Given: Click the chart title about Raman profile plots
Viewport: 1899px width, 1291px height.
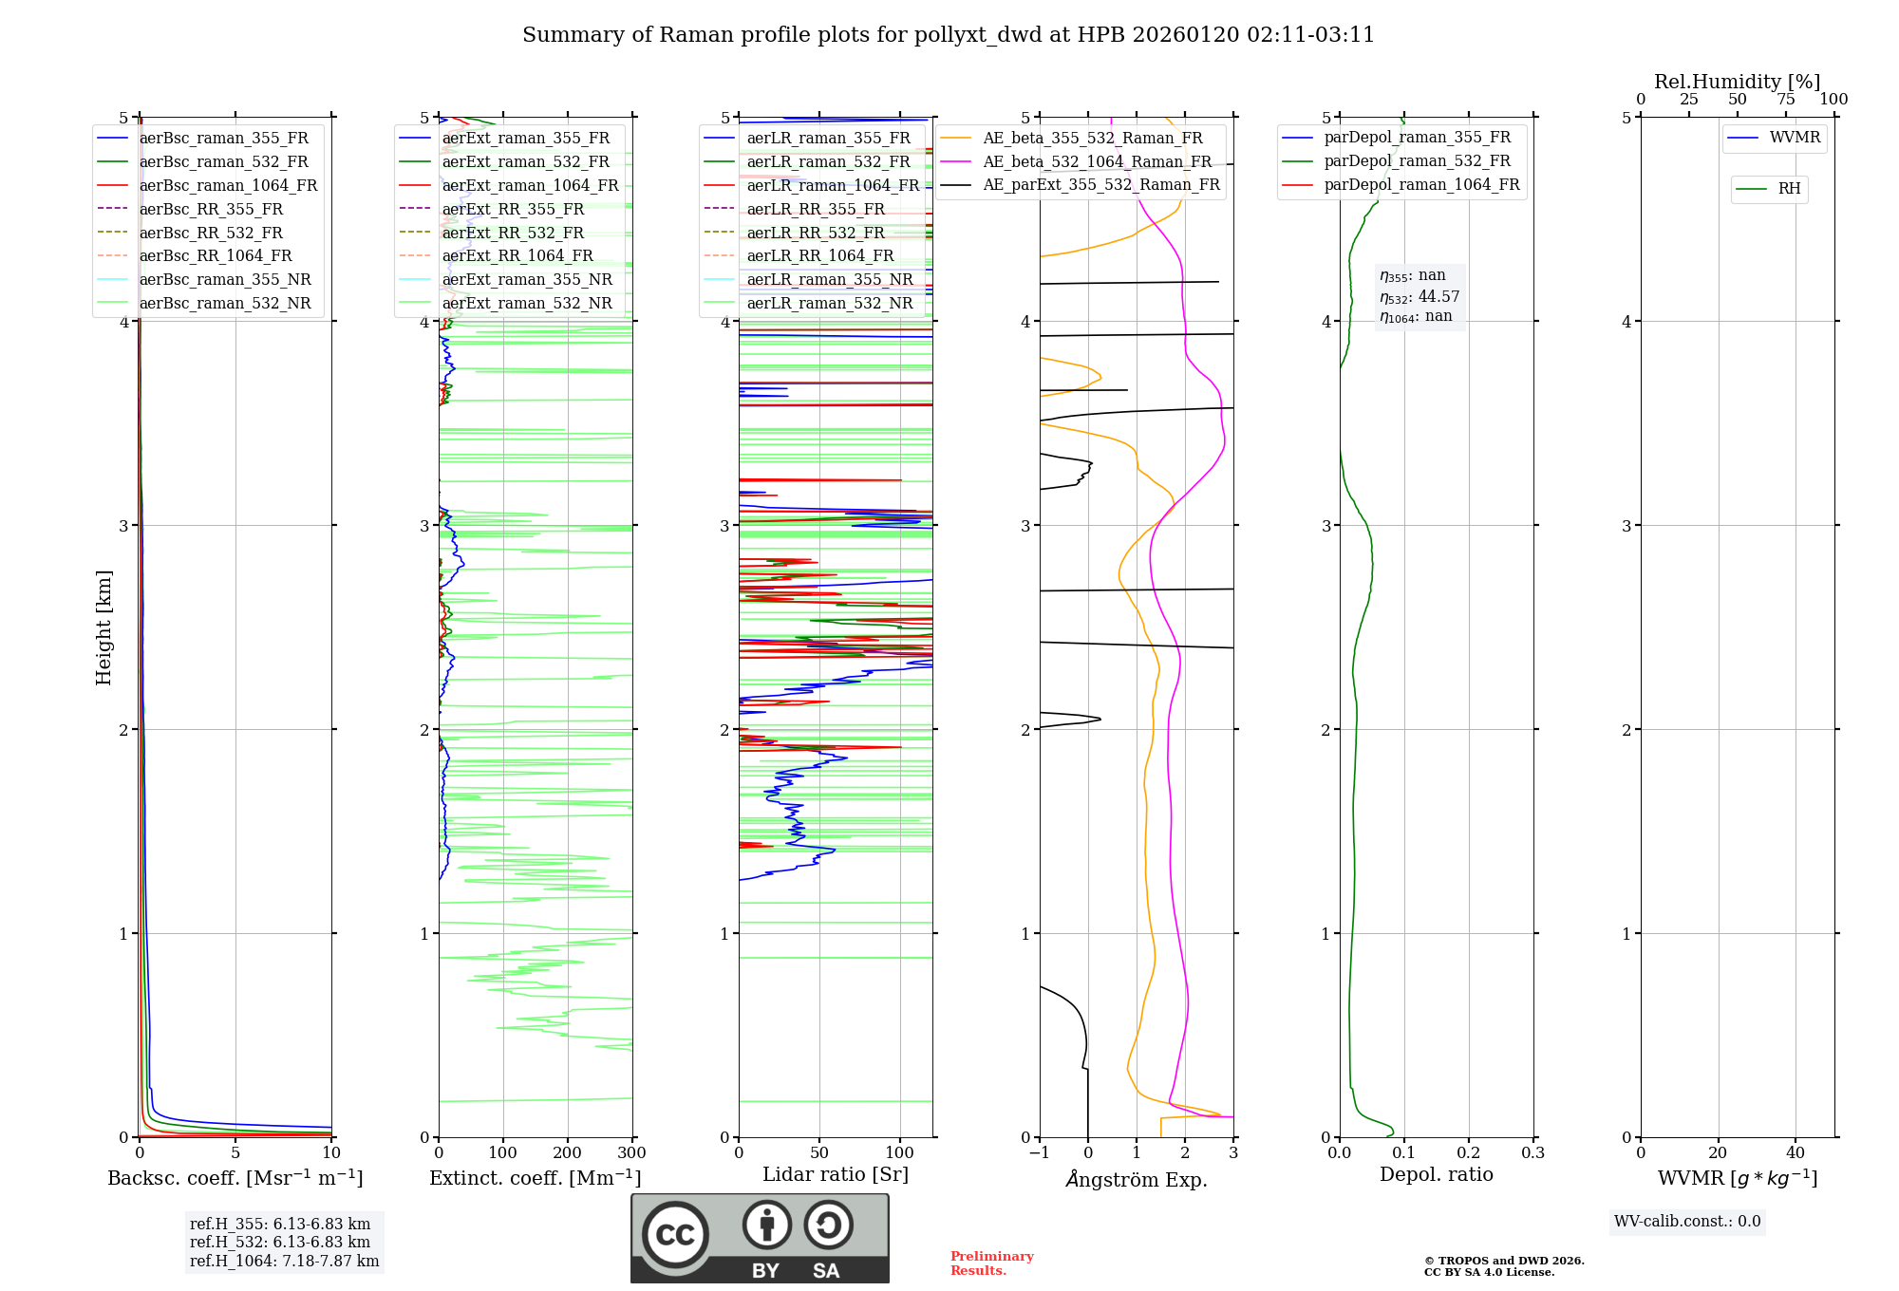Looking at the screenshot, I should pos(948,35).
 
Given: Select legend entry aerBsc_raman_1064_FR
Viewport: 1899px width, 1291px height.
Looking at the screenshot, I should pos(228,185).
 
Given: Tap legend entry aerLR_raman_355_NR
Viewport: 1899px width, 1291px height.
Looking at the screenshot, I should pos(829,279).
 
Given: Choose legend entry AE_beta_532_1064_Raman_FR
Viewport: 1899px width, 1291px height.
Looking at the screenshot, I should pos(1097,161).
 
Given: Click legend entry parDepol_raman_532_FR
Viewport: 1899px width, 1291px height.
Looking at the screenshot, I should pos(1417,161).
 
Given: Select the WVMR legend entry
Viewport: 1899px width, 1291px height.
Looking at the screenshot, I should pos(1795,138).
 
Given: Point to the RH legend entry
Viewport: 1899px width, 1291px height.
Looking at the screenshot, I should pos(1789,189).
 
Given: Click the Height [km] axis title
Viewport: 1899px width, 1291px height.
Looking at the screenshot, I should pos(103,627).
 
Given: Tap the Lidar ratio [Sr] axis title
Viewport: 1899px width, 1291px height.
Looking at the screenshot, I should pos(835,1174).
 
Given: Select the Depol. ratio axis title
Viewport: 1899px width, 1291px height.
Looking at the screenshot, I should pos(1436,1174).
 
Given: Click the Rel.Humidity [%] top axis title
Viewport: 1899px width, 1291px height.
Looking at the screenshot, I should pos(1737,82).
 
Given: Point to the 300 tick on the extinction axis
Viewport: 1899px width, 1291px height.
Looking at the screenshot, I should pos(631,1153).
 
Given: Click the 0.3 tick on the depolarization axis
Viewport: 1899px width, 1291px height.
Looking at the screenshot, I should pos(1532,1153).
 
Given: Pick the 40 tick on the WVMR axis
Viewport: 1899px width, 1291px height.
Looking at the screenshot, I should pos(1795,1153).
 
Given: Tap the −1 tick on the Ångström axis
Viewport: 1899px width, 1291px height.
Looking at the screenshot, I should pos(1039,1153).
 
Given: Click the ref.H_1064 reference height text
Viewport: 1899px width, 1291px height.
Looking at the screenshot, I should pos(284,1262).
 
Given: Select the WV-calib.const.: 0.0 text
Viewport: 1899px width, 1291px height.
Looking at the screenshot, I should pos(1686,1222).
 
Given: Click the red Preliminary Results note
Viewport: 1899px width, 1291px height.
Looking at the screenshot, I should pos(991,1263).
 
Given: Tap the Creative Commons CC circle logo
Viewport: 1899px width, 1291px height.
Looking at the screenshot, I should pos(675,1234).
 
